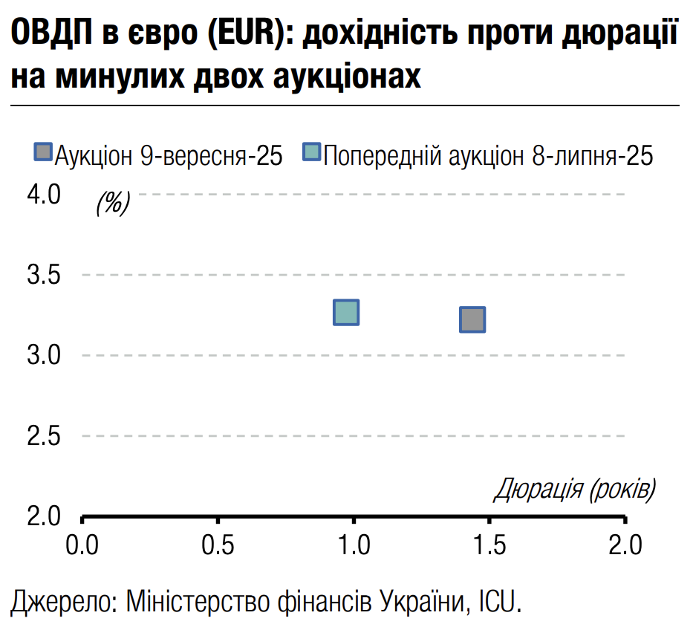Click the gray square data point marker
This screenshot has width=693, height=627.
(472, 319)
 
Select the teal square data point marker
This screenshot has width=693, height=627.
(347, 313)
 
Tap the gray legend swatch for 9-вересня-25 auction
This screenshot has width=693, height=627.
(44, 153)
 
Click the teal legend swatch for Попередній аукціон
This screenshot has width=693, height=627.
(311, 153)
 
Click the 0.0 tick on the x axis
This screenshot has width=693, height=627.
(82, 546)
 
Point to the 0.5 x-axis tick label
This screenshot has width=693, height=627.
(218, 546)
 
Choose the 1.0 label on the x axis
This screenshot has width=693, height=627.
(354, 546)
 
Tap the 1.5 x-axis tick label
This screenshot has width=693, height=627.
(489, 546)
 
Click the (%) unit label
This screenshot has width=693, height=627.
(112, 202)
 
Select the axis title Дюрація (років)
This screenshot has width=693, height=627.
(575, 489)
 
